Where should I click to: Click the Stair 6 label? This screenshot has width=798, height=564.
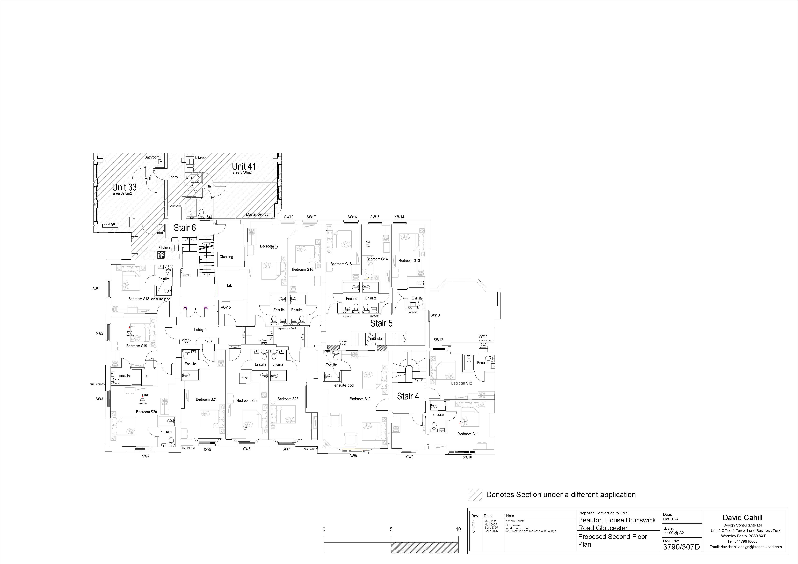[x=185, y=228]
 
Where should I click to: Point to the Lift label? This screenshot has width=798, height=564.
[x=229, y=285]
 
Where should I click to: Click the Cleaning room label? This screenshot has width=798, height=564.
[x=226, y=257]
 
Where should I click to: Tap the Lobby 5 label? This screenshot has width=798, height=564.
[x=200, y=330]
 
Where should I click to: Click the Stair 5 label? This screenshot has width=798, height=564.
[x=381, y=323]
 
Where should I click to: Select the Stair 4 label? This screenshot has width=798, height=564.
[x=408, y=396]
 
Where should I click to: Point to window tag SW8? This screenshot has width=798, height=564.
[x=353, y=456]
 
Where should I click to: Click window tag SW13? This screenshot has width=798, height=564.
[x=435, y=315]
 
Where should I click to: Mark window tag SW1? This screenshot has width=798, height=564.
[x=96, y=289]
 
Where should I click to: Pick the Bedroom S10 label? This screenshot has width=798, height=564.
[x=360, y=399]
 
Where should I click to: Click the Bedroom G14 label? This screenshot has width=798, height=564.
[x=377, y=259]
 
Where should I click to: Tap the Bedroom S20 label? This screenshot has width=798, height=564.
[x=146, y=412]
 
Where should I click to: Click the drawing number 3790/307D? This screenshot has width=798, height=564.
[x=681, y=547]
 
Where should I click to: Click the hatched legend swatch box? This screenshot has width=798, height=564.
[x=475, y=495]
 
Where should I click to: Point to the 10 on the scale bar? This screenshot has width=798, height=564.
[x=458, y=529]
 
